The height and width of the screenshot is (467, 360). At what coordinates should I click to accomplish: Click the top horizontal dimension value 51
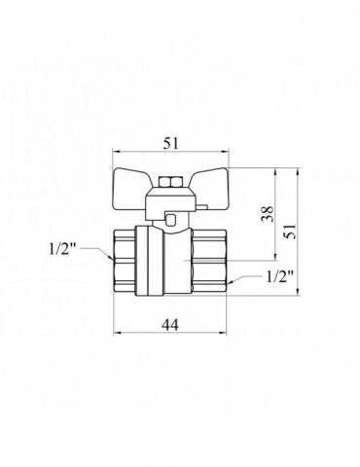(170, 143)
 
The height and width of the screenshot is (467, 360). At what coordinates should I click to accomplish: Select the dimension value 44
(170, 324)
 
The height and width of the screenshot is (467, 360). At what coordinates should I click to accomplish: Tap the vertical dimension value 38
(269, 214)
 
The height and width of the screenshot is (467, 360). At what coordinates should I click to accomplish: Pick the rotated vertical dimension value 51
(291, 231)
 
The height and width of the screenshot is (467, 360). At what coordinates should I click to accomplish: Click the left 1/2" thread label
(63, 249)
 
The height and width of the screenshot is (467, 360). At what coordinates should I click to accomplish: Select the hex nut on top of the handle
(170, 182)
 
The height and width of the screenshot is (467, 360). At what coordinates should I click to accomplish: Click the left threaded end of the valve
(125, 262)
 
